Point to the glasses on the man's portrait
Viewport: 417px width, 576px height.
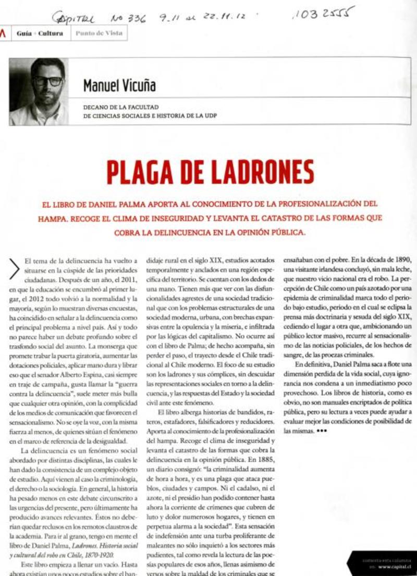(47, 81)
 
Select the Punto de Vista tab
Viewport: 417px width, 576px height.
(99, 33)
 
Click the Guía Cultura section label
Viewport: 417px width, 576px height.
(40, 33)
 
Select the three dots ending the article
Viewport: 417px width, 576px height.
(322, 430)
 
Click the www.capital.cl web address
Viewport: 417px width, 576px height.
(396, 566)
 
